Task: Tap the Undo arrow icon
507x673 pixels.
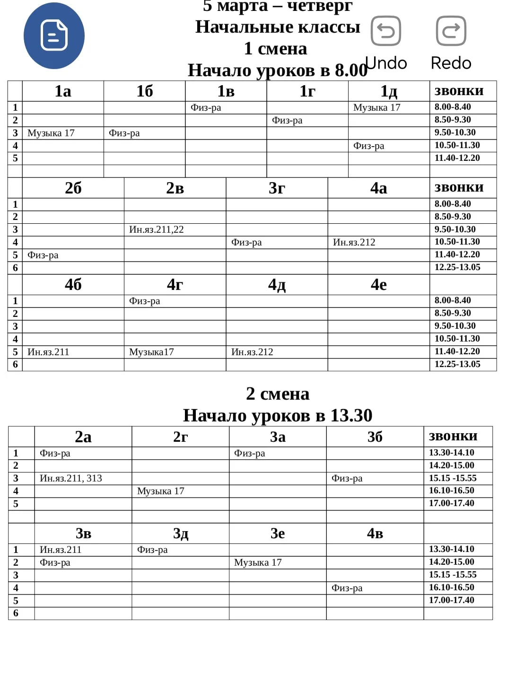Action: point(386,31)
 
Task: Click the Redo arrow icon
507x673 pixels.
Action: point(451,31)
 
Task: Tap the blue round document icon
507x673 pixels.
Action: point(54,35)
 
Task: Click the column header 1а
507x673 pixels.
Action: point(63,91)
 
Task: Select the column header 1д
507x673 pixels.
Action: point(389,91)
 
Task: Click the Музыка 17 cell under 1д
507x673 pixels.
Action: point(377,107)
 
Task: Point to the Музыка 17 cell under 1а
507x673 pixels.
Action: point(51,133)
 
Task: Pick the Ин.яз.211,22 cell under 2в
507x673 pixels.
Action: point(157,229)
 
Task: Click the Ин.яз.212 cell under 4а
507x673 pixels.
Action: point(354,242)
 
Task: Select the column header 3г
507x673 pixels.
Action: point(277,188)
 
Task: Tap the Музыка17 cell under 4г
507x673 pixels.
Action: point(152,352)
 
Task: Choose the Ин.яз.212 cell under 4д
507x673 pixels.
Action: point(252,352)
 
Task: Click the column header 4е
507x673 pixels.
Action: point(378,284)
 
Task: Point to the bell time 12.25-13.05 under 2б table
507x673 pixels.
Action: point(457,267)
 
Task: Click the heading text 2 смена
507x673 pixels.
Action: point(278,393)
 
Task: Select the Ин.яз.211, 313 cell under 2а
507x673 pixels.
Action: point(71,478)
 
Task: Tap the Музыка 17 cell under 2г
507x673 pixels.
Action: point(161,491)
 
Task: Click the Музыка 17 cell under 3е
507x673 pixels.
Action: point(258,562)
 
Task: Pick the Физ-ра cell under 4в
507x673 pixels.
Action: point(347,588)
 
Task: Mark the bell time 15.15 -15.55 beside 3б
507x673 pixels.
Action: point(453,478)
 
